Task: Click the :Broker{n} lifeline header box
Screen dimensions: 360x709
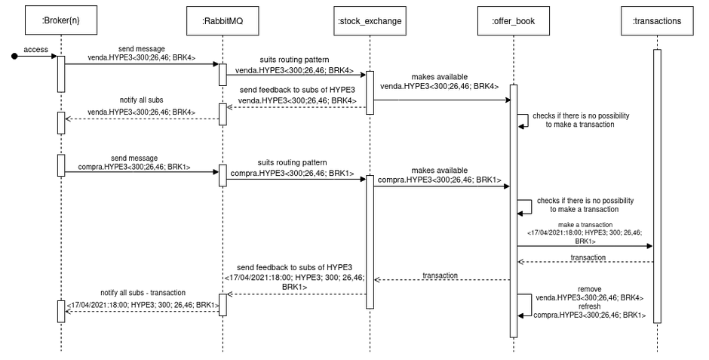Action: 61,20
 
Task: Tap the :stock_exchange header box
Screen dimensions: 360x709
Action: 370,20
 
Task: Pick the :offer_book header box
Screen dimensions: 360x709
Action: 513,20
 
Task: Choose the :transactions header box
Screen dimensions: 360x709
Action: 656,20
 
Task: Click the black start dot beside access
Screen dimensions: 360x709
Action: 14,55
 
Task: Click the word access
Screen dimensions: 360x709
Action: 36,49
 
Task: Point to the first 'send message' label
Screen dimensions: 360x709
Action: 141,48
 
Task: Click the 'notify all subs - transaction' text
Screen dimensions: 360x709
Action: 142,292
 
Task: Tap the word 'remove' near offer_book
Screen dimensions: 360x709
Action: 589,289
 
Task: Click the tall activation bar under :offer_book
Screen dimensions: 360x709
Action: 513,211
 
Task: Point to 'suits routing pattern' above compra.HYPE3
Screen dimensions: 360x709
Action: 292,162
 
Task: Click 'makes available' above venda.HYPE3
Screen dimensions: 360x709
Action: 440,77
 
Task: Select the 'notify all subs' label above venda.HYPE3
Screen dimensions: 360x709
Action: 141,100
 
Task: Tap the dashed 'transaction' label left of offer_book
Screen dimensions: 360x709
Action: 440,275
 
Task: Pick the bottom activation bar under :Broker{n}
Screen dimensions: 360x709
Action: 61,310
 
